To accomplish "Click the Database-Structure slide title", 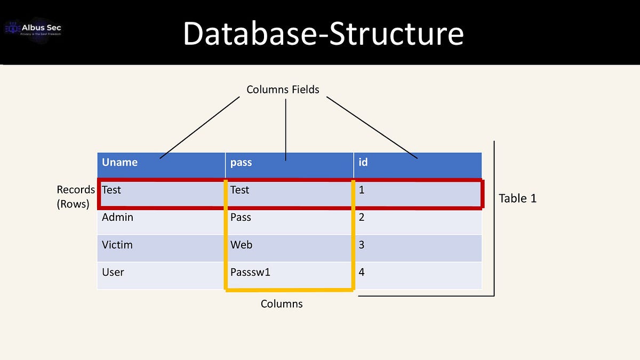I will click(323, 33).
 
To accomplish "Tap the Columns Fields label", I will click(283, 90).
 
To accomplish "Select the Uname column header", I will click(120, 163).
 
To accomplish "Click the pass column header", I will click(241, 163).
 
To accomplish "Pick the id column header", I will click(363, 162).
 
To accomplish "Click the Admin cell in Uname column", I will click(118, 218).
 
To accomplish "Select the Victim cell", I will click(117, 245).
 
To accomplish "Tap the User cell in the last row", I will click(113, 273).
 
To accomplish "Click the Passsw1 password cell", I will click(251, 273).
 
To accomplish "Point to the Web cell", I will click(242, 245).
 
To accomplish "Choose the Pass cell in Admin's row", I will click(241, 218).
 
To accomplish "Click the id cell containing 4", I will click(362, 273).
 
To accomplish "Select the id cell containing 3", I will click(362, 245).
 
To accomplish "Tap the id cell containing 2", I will click(362, 218).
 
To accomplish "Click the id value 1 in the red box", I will click(362, 190).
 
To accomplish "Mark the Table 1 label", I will click(517, 198).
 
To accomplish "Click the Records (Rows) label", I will click(75, 196).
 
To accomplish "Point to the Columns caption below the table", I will click(282, 304).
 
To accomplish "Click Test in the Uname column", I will click(112, 190).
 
